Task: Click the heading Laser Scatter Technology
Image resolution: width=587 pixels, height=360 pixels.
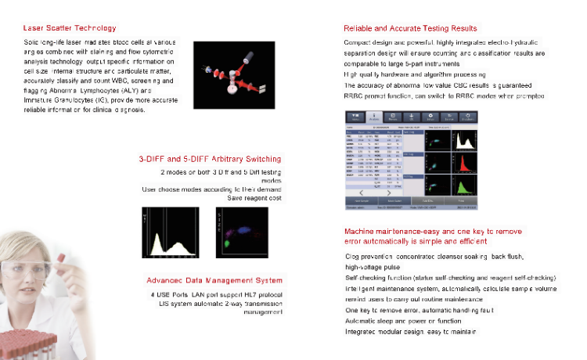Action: (70, 28)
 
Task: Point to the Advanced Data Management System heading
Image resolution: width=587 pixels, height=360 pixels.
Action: (214, 280)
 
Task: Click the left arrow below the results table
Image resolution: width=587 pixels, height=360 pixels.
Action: (362, 192)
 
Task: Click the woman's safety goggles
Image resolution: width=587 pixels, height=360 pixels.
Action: (23, 270)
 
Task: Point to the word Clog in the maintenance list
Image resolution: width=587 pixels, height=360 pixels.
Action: (352, 256)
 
